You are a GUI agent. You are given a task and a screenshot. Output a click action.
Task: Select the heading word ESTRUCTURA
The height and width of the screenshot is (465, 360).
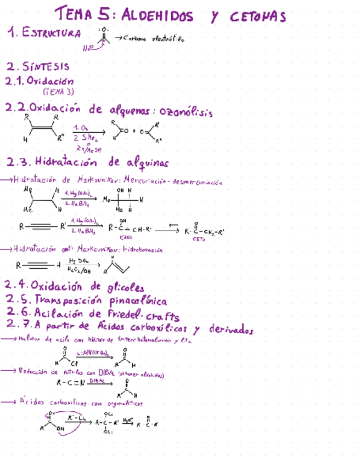click(x=52, y=33)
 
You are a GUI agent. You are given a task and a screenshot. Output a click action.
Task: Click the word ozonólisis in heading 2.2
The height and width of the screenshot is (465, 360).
click(x=186, y=112)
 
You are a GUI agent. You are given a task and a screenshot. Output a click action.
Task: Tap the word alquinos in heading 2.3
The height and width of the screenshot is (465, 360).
click(x=147, y=163)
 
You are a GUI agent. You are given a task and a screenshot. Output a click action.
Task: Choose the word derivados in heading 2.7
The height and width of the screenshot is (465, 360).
click(x=230, y=330)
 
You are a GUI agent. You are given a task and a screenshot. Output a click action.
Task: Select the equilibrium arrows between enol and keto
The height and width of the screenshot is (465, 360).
click(x=165, y=230)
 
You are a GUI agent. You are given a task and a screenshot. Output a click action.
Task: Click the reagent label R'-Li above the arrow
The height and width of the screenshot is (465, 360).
click(x=75, y=418)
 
